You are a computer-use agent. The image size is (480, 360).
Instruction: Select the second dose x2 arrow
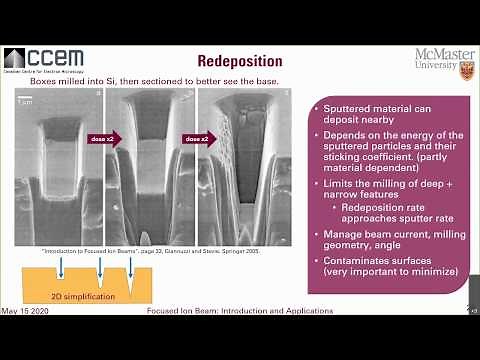pyautogui.click(x=196, y=140)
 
